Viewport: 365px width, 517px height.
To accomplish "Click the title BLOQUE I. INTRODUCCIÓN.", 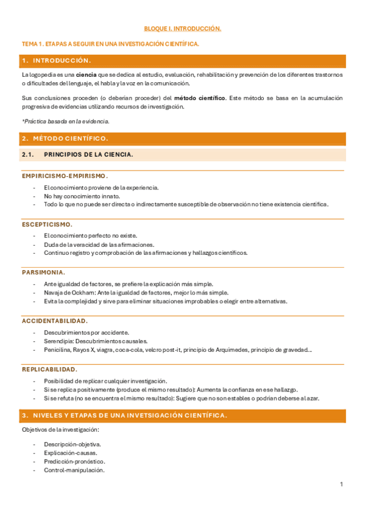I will coord(182,29).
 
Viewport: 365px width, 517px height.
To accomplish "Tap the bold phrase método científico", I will coord(199,98).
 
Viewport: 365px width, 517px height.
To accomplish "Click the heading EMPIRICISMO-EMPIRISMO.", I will coord(65,176).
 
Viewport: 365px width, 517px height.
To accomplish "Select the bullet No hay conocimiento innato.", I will coord(82,196).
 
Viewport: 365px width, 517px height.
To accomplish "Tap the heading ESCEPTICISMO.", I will coord(47,224).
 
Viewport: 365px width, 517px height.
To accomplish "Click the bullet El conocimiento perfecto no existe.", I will coord(90,235).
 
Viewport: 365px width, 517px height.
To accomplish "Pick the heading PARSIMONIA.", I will coord(44,273).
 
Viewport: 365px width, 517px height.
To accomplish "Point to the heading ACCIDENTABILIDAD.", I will coord(55,321).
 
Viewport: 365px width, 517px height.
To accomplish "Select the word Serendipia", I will coord(58,341).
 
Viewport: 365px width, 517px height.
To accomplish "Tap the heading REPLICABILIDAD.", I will coord(50,369).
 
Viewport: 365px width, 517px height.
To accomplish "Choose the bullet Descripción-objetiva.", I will coord(73,444).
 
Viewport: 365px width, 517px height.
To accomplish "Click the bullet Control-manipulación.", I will coord(74,470).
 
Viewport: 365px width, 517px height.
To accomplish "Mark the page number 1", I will coord(342,485).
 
